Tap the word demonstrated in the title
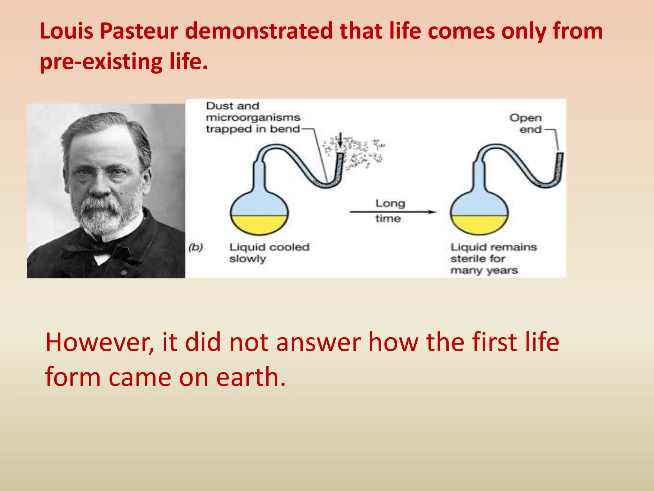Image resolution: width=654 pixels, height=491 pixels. pos(259,31)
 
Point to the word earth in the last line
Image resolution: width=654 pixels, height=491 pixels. pos(250,377)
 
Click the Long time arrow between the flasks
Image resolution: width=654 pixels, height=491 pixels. pos(393,212)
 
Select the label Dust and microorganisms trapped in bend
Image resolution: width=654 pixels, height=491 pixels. pos(252,117)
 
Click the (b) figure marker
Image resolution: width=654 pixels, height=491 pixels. pos(195,247)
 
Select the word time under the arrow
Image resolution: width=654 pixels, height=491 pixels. pos(388,219)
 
